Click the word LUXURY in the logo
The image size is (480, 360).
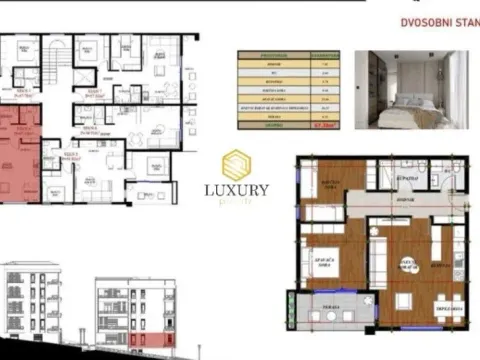(237, 189)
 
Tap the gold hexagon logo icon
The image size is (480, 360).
(237, 164)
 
